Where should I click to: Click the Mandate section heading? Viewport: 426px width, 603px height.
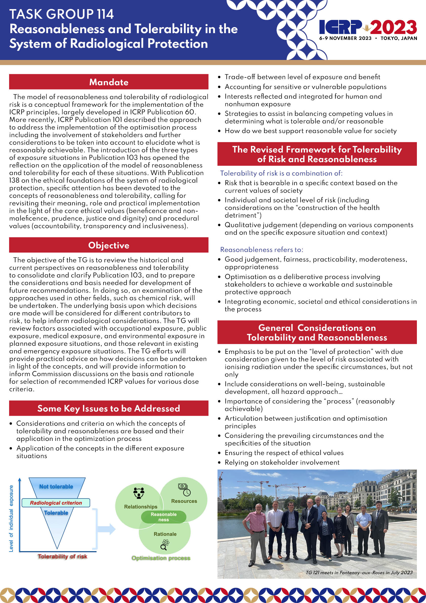coord(109,82)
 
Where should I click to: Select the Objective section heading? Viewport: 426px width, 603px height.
coord(109,245)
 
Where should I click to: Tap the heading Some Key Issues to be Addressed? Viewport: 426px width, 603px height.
coord(109,408)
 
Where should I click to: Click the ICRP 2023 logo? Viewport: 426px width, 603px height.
coord(368,27)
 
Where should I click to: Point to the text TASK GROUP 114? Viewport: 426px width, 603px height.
coord(61,14)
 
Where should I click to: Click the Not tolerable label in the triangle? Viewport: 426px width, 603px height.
coord(56,487)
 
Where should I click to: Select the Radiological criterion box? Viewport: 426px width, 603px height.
coord(56,503)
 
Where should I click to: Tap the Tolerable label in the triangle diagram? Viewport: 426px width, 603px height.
coord(56,513)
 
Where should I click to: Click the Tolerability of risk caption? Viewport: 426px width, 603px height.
coord(62,556)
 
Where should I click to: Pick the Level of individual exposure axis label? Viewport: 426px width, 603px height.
coord(11,519)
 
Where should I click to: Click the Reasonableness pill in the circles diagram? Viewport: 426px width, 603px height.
coord(164,517)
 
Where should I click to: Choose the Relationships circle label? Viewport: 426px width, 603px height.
coord(141,507)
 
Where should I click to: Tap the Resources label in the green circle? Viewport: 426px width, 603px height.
coord(184,501)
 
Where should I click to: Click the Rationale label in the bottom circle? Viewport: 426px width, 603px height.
coord(165,534)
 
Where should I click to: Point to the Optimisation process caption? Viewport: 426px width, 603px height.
coord(161,558)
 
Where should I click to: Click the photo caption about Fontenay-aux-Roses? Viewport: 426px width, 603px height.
coord(359,573)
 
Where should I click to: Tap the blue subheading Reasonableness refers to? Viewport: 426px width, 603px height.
coord(262,249)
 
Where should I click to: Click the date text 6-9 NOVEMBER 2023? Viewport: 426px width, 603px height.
coord(345,38)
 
